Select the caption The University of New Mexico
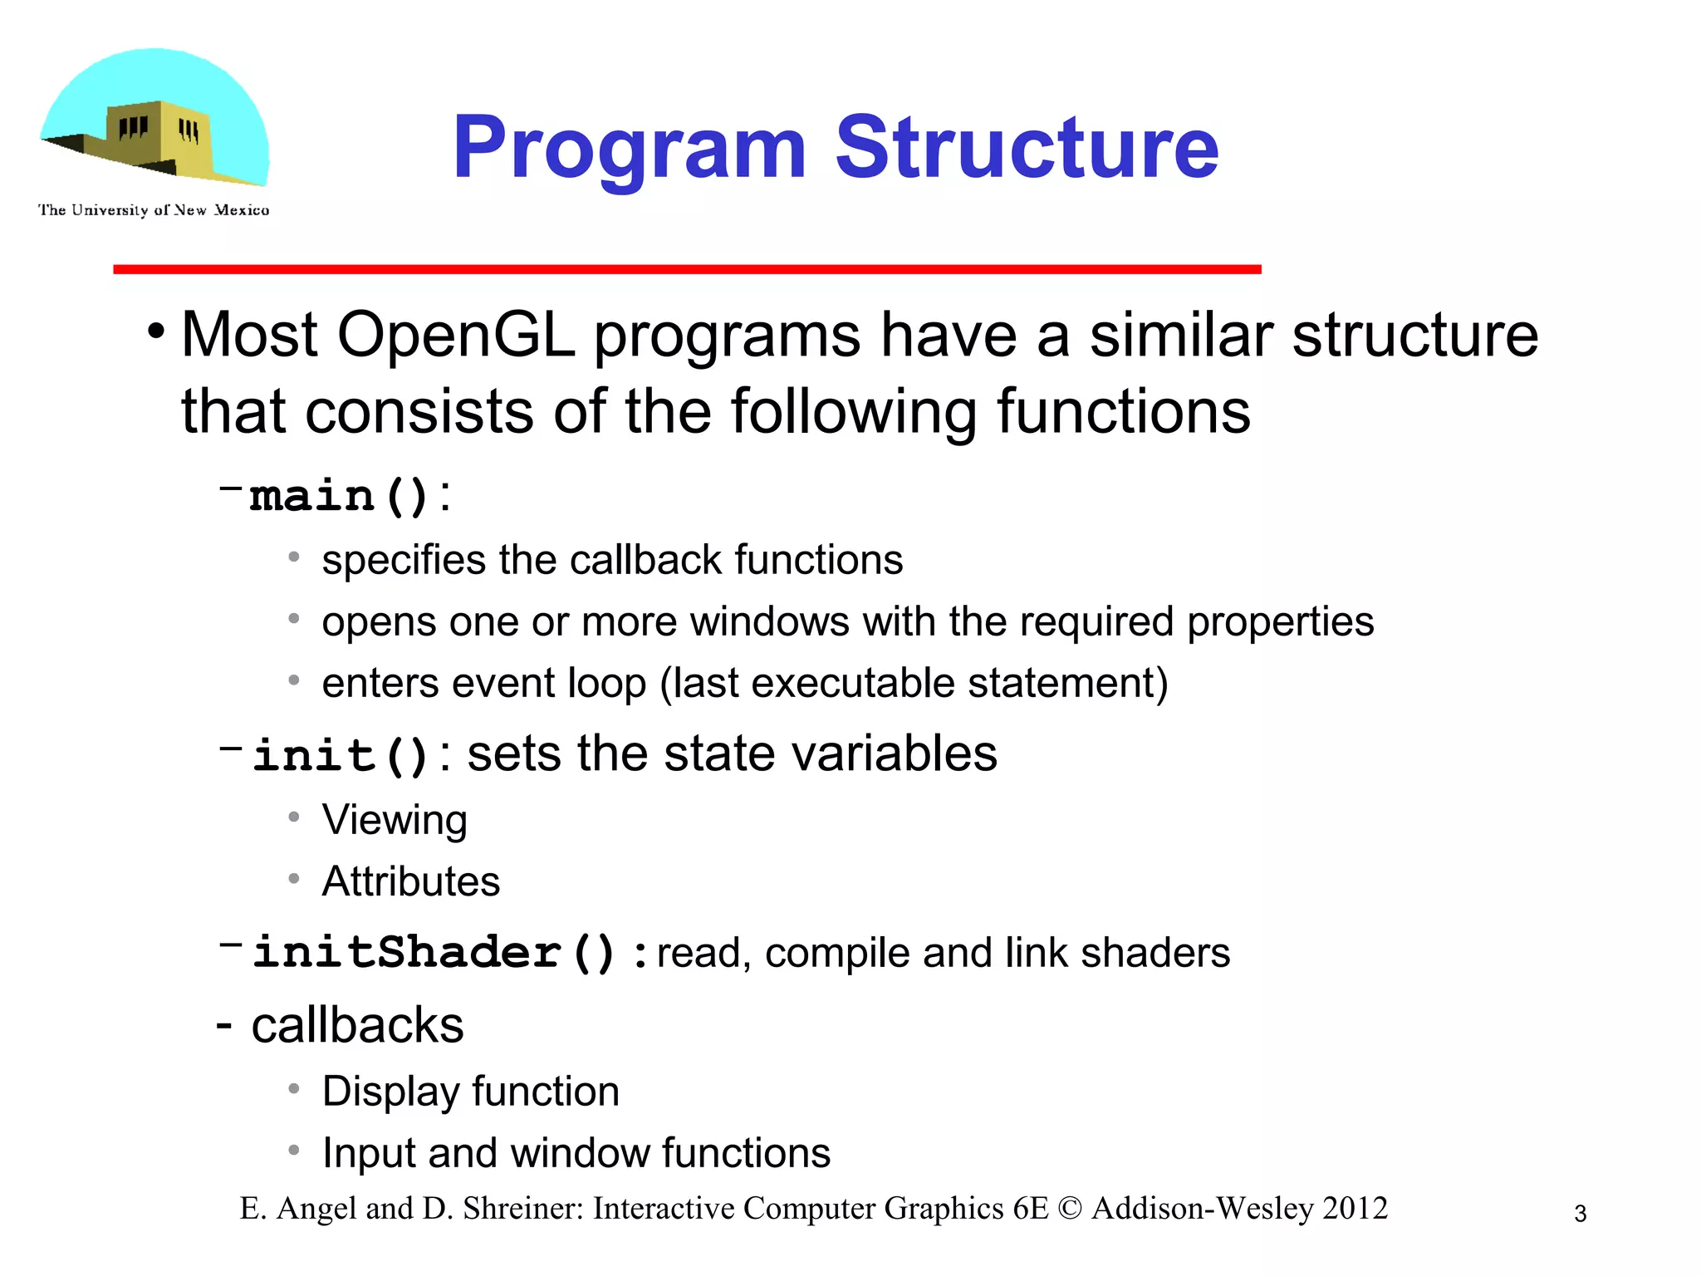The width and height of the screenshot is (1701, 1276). [154, 210]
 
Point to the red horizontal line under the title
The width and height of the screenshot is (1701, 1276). [687, 269]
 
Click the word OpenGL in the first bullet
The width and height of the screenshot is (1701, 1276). [456, 335]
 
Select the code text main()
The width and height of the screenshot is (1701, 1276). [339, 497]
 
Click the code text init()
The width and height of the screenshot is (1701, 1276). [341, 755]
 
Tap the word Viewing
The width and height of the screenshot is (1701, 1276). [395, 820]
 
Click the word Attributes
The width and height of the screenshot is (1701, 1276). [411, 881]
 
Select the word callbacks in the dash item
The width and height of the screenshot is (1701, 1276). [357, 1025]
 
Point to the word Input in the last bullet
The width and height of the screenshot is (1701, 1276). [368, 1153]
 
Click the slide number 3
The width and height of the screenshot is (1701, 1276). [1580, 1214]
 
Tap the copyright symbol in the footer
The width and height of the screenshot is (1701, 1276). [1070, 1209]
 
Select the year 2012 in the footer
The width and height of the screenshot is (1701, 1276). [1355, 1208]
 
